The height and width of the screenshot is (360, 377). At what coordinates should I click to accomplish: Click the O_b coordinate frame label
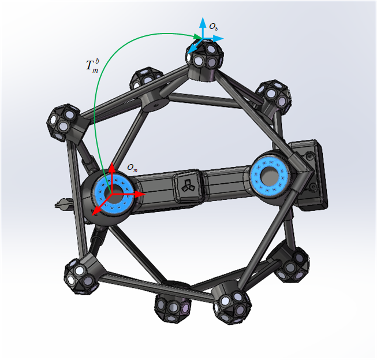pos(214,27)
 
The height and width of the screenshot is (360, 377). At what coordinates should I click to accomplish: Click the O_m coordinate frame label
pos(132,168)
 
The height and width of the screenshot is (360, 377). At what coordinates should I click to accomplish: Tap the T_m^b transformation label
pos(92,65)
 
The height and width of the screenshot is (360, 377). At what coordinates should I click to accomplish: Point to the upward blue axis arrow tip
pos(203,18)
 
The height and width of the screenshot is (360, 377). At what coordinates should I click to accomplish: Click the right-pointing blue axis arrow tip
pos(223,38)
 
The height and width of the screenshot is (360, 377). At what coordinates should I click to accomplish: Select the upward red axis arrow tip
pos(112,164)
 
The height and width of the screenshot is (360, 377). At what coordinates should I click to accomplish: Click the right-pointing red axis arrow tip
pos(145,194)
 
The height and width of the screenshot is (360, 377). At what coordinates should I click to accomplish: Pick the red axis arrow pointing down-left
pos(102,203)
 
